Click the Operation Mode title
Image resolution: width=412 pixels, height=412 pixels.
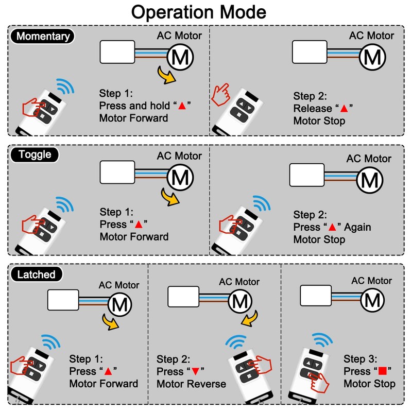(199, 12)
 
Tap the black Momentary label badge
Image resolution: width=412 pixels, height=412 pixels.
(42, 36)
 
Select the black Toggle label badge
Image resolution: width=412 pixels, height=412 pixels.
(35, 154)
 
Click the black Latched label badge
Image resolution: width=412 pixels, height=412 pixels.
(36, 274)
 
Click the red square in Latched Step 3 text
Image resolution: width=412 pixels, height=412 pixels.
(382, 371)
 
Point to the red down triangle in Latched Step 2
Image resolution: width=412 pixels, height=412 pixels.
(195, 371)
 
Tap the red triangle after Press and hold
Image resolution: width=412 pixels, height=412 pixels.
(182, 106)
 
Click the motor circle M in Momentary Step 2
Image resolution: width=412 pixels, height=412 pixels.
(372, 57)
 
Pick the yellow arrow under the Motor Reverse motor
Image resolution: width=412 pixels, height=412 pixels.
(250, 318)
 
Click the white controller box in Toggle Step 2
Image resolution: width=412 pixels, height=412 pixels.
(306, 175)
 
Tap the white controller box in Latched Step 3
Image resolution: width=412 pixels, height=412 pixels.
(316, 296)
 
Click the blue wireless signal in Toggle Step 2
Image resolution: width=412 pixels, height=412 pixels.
(262, 203)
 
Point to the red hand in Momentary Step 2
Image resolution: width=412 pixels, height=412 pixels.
(221, 95)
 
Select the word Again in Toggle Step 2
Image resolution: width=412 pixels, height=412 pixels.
(357, 227)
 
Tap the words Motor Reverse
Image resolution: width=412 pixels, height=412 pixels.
(191, 384)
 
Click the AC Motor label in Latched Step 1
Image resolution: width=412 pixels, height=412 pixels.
(119, 285)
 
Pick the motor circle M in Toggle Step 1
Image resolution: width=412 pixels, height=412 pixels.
(180, 177)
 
